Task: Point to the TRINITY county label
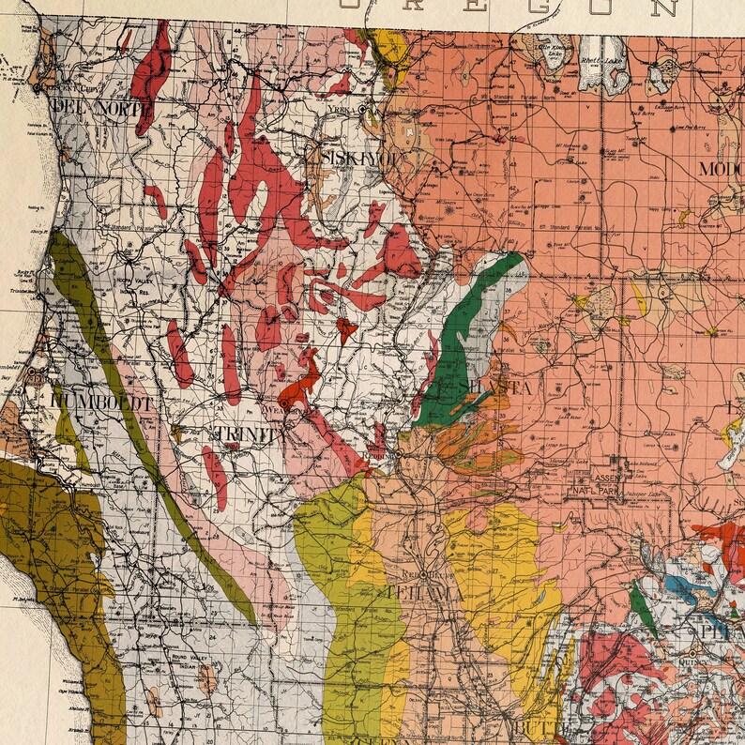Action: coord(248,433)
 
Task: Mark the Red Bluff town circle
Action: coord(423,574)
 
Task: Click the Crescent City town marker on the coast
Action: coord(37,86)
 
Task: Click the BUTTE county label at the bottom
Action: coord(529,729)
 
